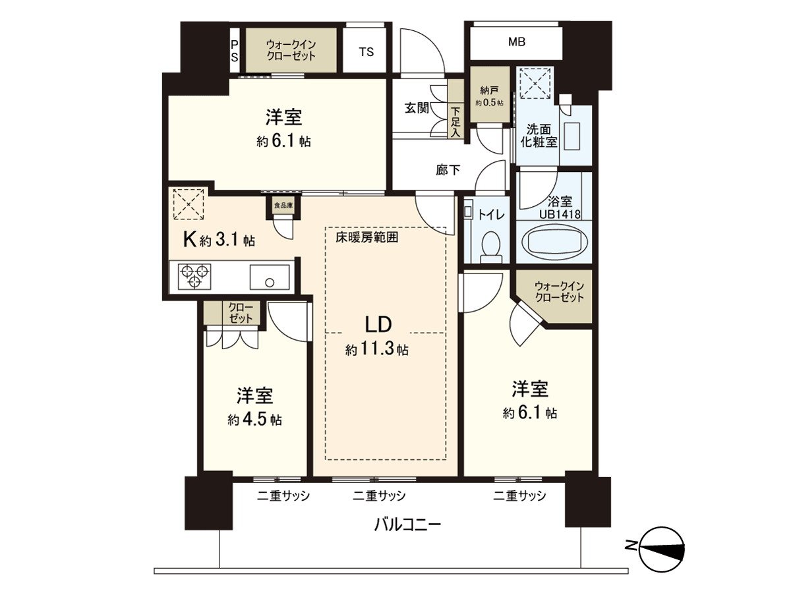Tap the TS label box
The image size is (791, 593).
[366, 52]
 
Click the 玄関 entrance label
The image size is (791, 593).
[417, 107]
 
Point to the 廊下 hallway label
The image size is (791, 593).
[448, 170]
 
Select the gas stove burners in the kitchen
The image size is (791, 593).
[194, 275]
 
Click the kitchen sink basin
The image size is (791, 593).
[269, 277]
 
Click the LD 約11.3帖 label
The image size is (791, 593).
[378, 335]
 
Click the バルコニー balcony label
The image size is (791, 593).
[407, 525]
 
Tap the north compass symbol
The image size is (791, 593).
[662, 549]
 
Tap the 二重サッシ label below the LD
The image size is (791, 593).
[378, 495]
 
